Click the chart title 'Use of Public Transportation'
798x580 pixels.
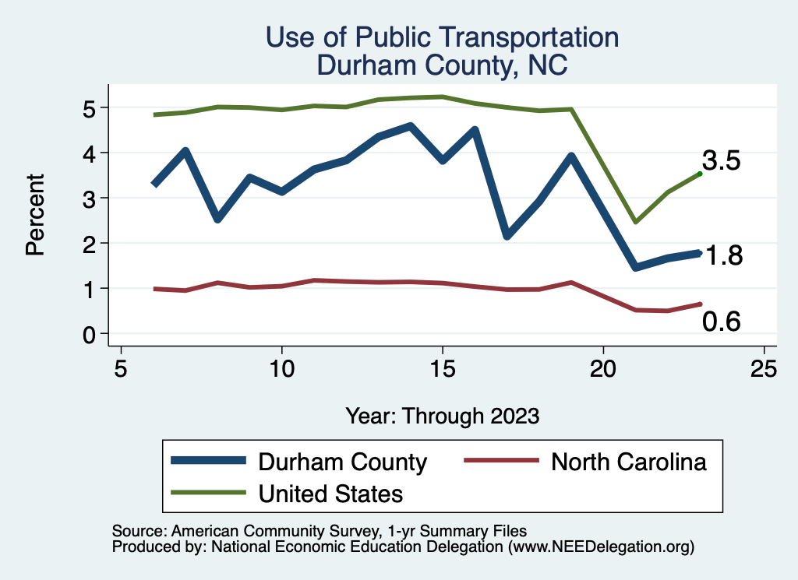point(442,37)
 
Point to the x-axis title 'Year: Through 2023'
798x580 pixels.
point(442,415)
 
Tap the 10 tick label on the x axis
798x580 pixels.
point(281,368)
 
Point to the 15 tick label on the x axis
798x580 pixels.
point(442,368)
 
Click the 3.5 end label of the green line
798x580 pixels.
point(721,161)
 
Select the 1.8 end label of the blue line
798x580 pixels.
point(724,255)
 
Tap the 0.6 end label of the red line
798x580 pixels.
point(721,321)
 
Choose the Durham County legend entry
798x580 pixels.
point(343,462)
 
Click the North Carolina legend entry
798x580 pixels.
point(628,462)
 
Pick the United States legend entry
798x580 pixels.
point(330,493)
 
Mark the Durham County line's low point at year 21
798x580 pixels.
point(636,267)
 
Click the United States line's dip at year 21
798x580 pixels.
point(636,222)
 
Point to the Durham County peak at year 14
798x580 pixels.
point(411,125)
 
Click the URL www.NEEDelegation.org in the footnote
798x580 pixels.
point(601,547)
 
